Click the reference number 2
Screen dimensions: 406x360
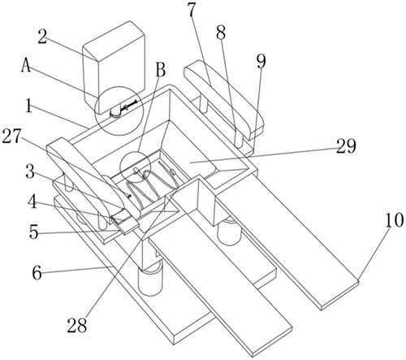[x=44, y=37]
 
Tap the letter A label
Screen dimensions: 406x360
[x=27, y=66]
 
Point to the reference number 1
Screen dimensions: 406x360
[x=29, y=107]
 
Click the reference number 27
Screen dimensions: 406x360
[x=12, y=137]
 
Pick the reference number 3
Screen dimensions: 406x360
[x=30, y=172]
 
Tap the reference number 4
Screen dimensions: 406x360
[x=33, y=202]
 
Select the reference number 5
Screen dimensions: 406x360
[x=34, y=232]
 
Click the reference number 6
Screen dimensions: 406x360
[x=37, y=273]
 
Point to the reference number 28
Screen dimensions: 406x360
[x=77, y=324]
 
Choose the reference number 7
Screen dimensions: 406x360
[x=192, y=10]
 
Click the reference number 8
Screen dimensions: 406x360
[x=221, y=33]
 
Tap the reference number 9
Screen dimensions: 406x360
[x=261, y=61]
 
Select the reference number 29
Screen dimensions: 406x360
[x=347, y=146]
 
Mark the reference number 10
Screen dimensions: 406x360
[x=395, y=220]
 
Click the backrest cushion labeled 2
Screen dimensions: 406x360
[x=114, y=67]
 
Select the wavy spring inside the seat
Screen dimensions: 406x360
[x=152, y=187]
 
